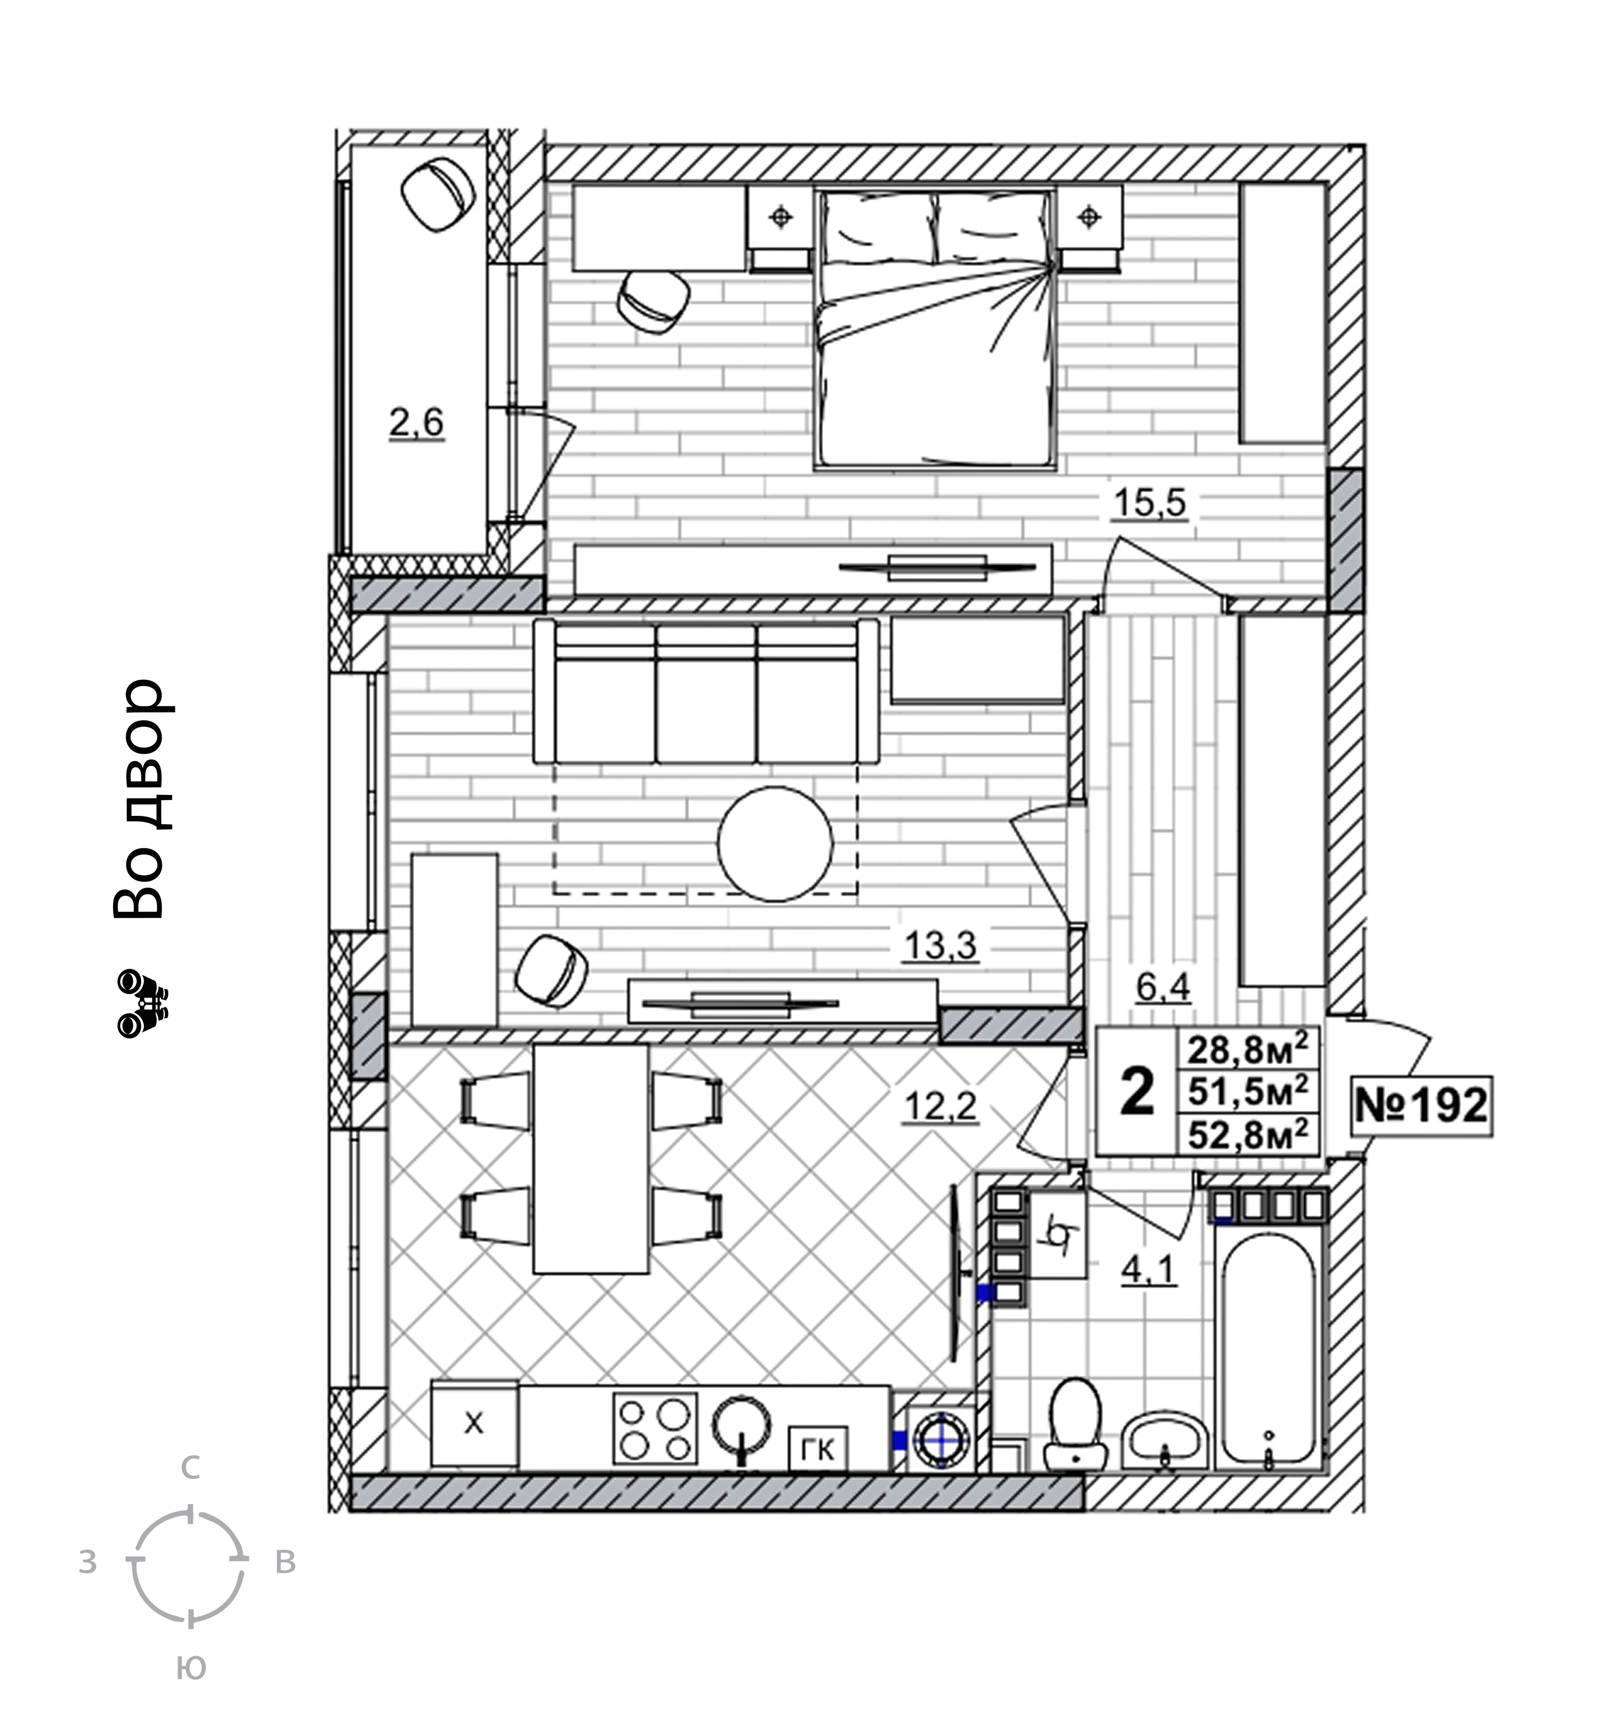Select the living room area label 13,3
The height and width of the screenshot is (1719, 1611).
pyautogui.click(x=940, y=945)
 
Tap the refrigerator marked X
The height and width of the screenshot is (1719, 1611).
pyautogui.click(x=474, y=1423)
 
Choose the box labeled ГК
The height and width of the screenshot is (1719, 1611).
pyautogui.click(x=817, y=1450)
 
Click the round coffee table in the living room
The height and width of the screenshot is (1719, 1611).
pyautogui.click(x=775, y=843)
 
